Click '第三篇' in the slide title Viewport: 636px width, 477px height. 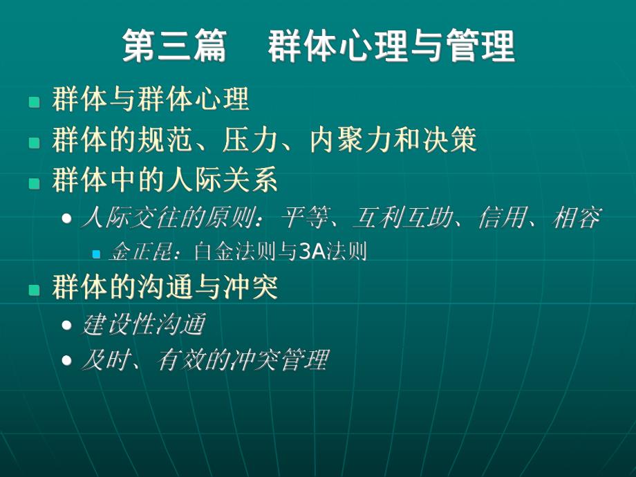pyautogui.click(x=175, y=48)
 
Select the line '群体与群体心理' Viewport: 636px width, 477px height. pyautogui.click(x=150, y=100)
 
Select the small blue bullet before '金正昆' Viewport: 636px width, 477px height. pyautogui.click(x=97, y=254)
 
